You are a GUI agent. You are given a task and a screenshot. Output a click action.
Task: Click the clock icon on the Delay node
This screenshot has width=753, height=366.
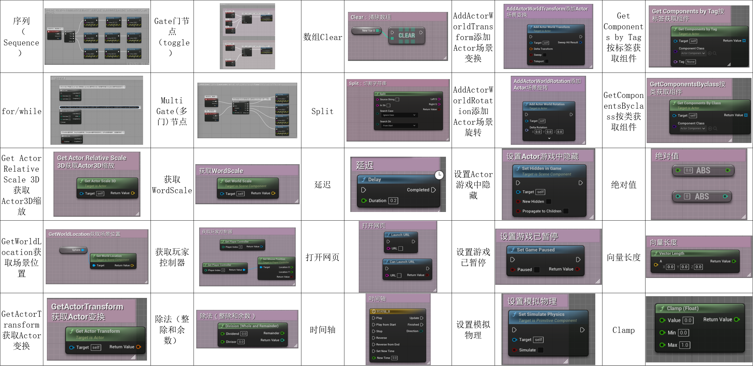tap(439, 175)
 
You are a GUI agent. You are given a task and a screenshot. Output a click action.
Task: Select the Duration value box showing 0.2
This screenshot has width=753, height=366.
tap(393, 201)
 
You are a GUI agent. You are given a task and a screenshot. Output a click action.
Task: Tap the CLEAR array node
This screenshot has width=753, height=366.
tap(407, 36)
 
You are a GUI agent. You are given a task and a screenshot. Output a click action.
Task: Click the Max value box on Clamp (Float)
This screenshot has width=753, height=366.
tap(684, 345)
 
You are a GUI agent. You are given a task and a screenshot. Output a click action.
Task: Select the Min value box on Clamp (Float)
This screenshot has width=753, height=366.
tap(683, 333)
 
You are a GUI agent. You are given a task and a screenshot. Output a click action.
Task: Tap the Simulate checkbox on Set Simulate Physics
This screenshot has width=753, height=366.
tap(540, 350)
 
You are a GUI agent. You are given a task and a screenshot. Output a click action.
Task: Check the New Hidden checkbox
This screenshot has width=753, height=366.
tap(548, 202)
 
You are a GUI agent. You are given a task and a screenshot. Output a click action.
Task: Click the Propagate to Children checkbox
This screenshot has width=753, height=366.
tap(565, 211)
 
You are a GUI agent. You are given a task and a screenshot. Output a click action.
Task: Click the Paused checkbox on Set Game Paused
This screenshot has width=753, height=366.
tap(537, 270)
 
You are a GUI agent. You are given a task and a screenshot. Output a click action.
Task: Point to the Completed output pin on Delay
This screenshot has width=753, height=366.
tap(433, 190)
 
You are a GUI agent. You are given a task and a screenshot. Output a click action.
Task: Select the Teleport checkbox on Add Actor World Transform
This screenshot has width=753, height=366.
tap(547, 61)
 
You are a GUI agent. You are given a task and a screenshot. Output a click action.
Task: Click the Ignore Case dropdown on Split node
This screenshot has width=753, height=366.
tap(399, 115)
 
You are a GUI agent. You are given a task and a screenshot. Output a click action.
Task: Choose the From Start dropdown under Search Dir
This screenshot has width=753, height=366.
tap(399, 126)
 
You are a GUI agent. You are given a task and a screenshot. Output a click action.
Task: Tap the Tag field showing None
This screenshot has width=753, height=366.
tap(691, 62)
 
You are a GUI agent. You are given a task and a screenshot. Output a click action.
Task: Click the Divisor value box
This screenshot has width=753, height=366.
tap(241, 342)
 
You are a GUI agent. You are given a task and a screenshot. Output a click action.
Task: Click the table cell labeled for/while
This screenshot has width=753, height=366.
tap(22, 111)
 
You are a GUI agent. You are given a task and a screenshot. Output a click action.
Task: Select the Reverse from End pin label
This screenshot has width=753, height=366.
tap(388, 345)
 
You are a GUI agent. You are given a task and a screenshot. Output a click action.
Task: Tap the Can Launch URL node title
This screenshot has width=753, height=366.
tap(402, 262)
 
